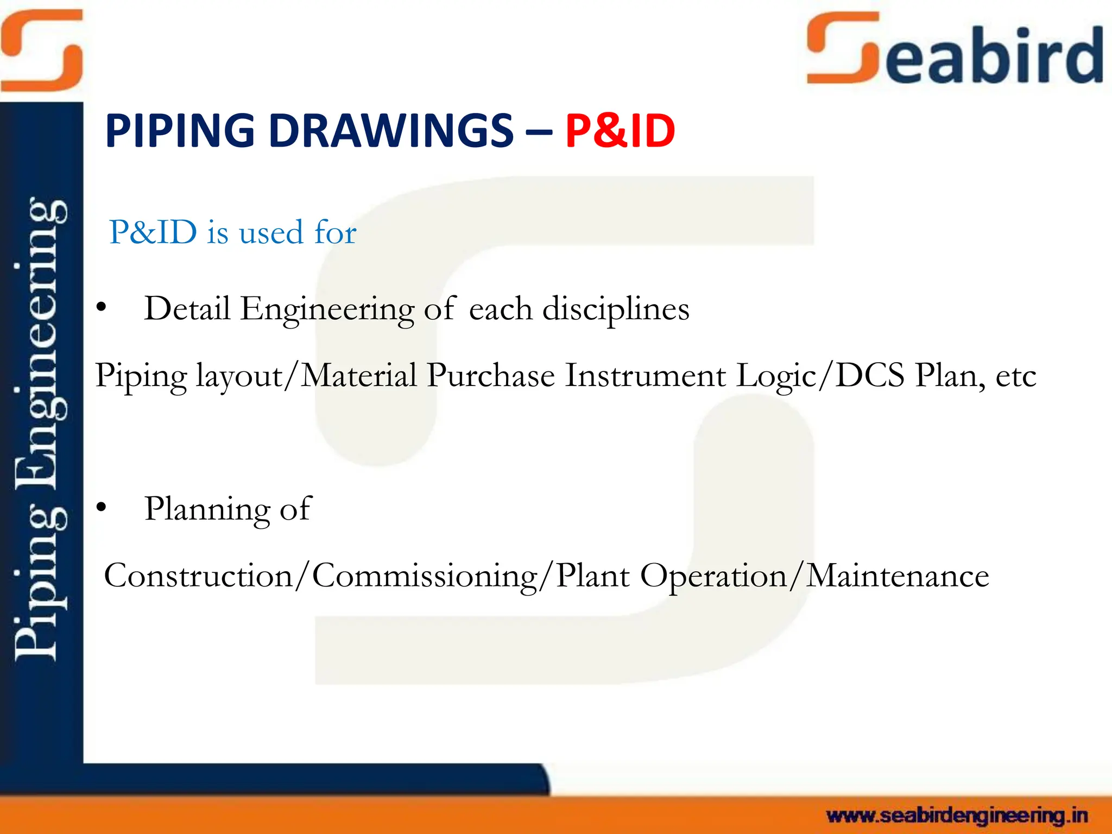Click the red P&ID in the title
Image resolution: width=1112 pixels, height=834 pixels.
(620, 131)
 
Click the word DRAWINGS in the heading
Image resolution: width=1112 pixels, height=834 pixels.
(391, 131)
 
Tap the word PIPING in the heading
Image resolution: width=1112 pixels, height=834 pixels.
(180, 131)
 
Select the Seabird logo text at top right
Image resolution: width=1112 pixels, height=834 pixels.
(956, 52)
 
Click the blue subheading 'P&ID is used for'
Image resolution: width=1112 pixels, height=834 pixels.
(232, 232)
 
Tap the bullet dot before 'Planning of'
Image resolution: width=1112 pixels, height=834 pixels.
(101, 508)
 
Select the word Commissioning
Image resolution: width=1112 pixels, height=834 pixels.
(425, 576)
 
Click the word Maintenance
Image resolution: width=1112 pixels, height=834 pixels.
(897, 576)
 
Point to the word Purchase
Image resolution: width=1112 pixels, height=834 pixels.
(490, 375)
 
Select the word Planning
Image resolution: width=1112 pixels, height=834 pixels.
(207, 509)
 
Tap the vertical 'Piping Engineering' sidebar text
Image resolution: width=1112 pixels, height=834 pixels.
(41, 429)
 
